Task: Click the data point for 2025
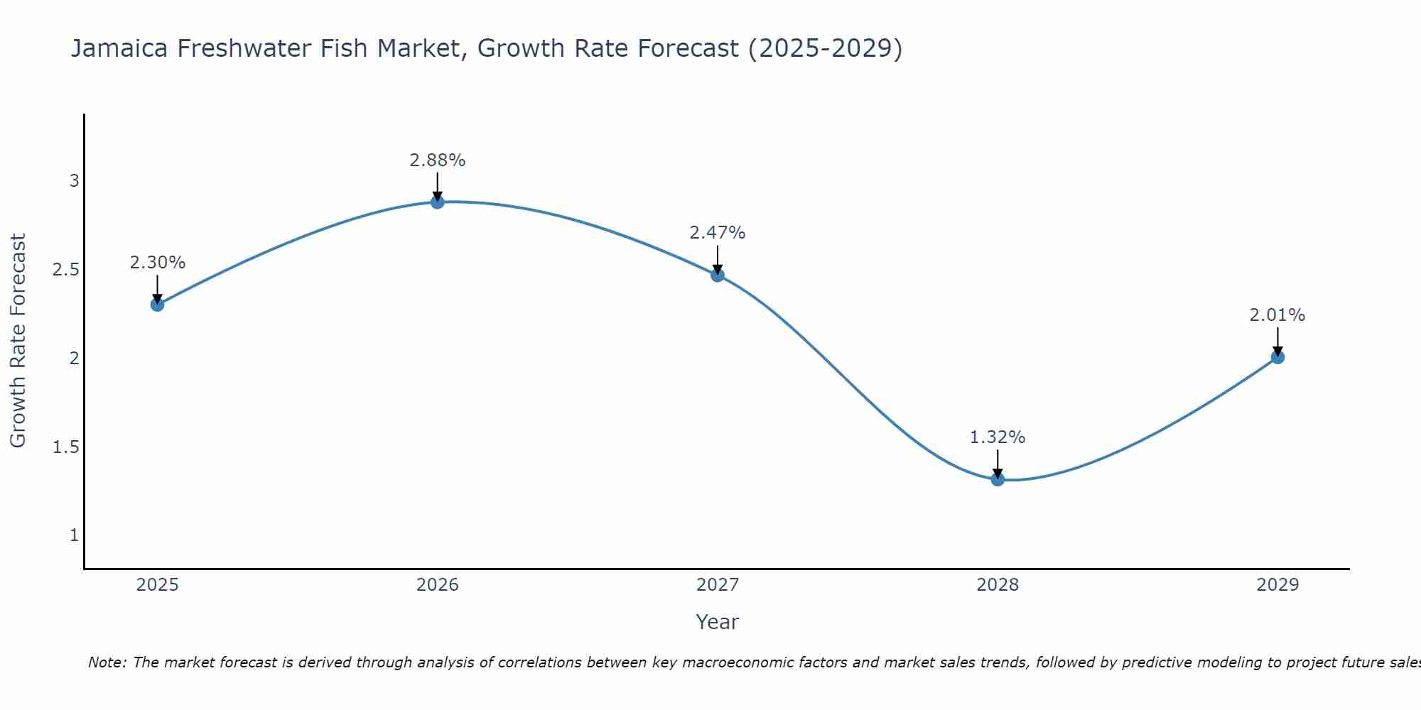pyautogui.click(x=157, y=305)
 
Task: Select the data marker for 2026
pyautogui.click(x=438, y=202)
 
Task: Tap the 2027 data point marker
pyautogui.click(x=718, y=275)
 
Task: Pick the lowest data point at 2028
pyautogui.click(x=998, y=479)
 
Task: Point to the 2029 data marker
pyautogui.click(x=1277, y=357)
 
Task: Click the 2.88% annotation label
pyautogui.click(x=438, y=160)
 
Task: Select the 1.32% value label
pyautogui.click(x=998, y=437)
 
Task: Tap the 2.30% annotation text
pyautogui.click(x=157, y=263)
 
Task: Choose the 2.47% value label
pyautogui.click(x=718, y=233)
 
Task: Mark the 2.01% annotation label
pyautogui.click(x=1277, y=315)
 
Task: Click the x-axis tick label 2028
pyautogui.click(x=998, y=585)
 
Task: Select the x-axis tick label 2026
pyautogui.click(x=438, y=585)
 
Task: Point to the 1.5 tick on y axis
pyautogui.click(x=65, y=447)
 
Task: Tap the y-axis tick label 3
pyautogui.click(x=74, y=180)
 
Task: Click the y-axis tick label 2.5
pyautogui.click(x=65, y=269)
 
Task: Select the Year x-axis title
pyautogui.click(x=718, y=622)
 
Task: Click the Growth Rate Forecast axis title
pyautogui.click(x=18, y=341)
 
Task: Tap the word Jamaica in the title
pyautogui.click(x=119, y=48)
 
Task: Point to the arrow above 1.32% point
pyautogui.click(x=998, y=464)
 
